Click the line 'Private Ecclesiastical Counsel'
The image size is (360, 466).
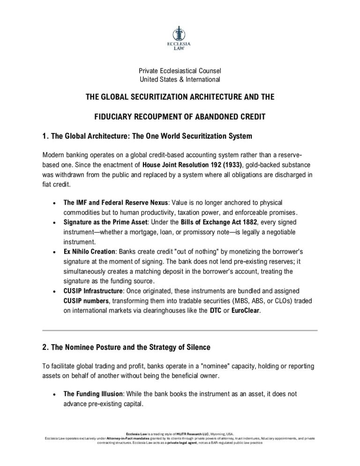click(x=180, y=71)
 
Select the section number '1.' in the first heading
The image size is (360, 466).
click(x=45, y=136)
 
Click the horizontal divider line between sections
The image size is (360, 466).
click(x=180, y=331)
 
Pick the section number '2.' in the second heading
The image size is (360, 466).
click(x=45, y=347)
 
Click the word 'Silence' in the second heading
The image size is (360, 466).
click(x=196, y=347)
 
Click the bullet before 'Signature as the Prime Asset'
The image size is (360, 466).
click(x=55, y=221)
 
